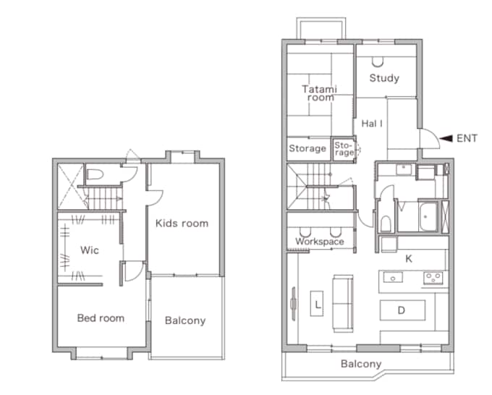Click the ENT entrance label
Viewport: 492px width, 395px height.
tap(467, 138)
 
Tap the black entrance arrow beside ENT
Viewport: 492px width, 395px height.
tap(446, 138)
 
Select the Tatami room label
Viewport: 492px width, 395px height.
tap(320, 93)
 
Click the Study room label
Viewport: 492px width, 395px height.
tap(384, 78)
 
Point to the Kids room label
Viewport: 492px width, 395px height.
tap(182, 224)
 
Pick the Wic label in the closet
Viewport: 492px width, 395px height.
tap(90, 250)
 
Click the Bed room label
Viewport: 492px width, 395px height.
tap(101, 318)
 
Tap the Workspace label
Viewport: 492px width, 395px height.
tap(320, 242)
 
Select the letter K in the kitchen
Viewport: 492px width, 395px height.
tap(409, 259)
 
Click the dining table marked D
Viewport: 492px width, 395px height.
tap(402, 310)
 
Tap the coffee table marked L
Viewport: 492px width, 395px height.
tap(317, 303)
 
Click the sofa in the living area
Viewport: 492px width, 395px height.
tap(343, 303)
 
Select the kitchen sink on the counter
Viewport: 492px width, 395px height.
tap(393, 278)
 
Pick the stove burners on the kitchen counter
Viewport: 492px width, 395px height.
tap(433, 278)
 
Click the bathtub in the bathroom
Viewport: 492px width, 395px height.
tap(428, 216)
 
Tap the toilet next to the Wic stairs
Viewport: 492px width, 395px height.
tap(95, 174)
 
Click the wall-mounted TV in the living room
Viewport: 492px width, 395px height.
tap(293, 304)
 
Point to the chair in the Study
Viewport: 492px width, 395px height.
tap(378, 62)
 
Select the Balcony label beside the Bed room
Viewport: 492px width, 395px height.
tap(185, 320)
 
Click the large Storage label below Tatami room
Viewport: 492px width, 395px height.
tap(307, 148)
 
